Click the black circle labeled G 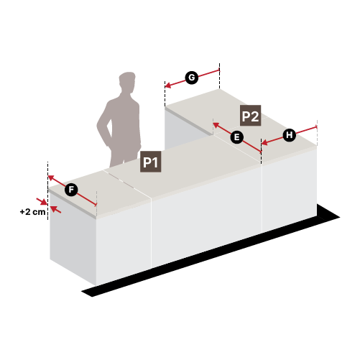click(x=192, y=78)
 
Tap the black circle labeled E click(x=236, y=137)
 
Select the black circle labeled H click(x=290, y=135)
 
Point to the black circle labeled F click(x=71, y=190)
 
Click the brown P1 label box click(x=151, y=162)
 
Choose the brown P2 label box click(x=251, y=116)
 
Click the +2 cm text click(x=32, y=212)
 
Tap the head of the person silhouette click(x=127, y=81)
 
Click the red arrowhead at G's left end click(x=168, y=86)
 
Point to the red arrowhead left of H click(x=264, y=143)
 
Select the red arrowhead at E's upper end click(x=216, y=125)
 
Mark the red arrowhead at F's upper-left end click(x=51, y=178)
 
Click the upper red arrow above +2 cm click(x=42, y=201)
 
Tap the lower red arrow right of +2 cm click(x=56, y=209)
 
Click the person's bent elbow click(x=98, y=125)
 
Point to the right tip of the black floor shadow click(x=339, y=217)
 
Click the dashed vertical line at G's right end click(x=219, y=76)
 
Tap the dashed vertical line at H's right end click(x=317, y=133)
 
